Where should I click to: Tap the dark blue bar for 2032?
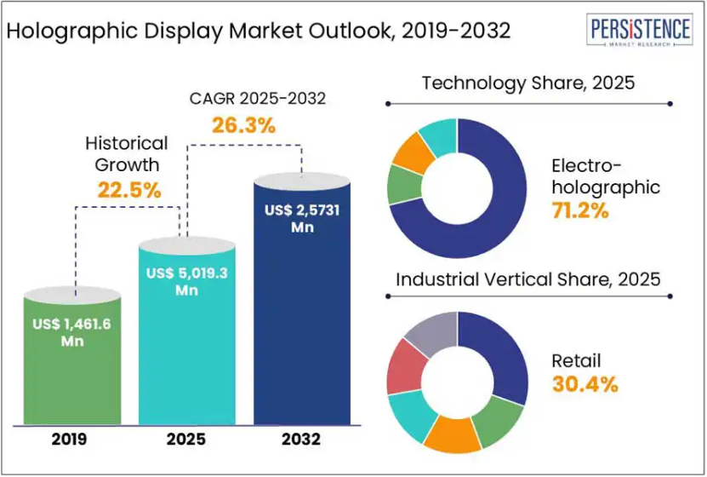pos(303,324)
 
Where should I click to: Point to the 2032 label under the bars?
pos(303,440)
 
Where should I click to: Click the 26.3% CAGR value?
pos(244,126)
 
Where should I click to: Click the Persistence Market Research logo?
pos(640,32)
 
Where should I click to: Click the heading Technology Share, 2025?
pos(528,83)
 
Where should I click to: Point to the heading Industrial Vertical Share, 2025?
pos(528,279)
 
